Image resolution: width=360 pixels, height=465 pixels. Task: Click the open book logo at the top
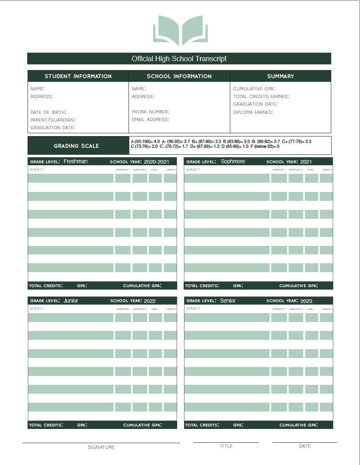coord(180,30)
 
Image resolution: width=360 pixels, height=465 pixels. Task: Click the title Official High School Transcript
coord(179,59)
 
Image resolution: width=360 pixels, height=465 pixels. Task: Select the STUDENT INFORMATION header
coord(78,76)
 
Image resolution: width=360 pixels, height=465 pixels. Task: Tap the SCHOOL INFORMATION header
coord(179,76)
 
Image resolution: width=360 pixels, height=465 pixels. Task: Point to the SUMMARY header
coord(281,76)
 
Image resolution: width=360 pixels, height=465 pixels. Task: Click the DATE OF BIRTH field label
coord(48,112)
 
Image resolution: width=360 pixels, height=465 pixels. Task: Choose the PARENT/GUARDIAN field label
coord(53,120)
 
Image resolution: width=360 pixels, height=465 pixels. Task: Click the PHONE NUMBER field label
coord(150,112)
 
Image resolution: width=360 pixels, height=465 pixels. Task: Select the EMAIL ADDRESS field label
coord(150,119)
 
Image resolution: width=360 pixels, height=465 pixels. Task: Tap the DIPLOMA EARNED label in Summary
coord(253,112)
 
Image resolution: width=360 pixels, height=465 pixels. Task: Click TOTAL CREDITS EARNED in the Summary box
coord(261,96)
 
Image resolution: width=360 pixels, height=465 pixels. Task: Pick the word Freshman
coord(75,161)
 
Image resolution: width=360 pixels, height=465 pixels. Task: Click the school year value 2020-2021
coord(156,162)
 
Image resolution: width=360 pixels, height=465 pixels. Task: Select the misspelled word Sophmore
coord(233,161)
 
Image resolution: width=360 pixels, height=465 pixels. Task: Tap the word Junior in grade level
coord(71,301)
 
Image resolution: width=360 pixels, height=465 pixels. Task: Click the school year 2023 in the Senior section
coord(306,301)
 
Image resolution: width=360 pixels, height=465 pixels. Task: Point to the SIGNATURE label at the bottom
coord(101,447)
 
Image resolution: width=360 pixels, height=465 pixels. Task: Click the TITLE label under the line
coord(226,446)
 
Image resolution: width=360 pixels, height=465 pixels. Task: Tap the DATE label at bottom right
coord(304,446)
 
